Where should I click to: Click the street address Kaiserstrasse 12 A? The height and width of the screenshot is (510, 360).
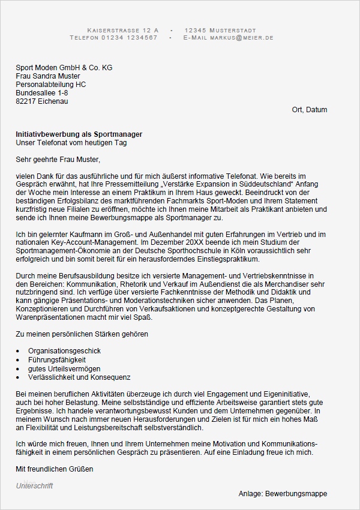point(123,30)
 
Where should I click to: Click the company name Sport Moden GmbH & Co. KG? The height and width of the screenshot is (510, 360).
point(64,68)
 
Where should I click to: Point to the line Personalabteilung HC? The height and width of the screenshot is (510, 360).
point(50,85)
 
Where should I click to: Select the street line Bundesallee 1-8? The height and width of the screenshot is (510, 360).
point(41,93)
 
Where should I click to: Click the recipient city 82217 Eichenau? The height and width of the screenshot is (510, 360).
point(41,101)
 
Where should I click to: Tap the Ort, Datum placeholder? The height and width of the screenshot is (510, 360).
point(309,110)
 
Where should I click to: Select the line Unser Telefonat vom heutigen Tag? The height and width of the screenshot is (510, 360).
point(71,143)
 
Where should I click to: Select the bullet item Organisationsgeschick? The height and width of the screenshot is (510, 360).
point(64,350)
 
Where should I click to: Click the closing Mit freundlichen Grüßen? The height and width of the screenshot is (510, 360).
point(55,468)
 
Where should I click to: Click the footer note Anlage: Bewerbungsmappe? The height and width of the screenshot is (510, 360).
point(283,494)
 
